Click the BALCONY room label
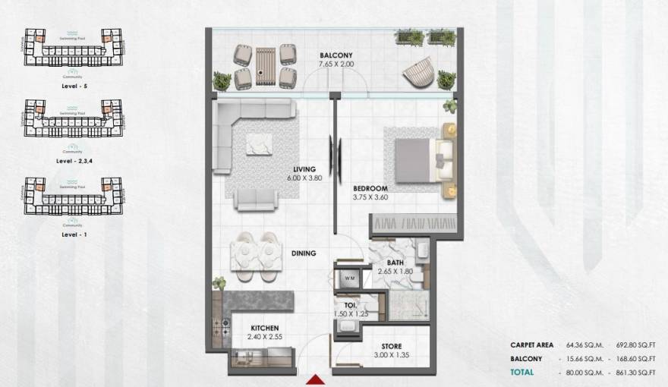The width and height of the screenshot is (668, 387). (334, 55)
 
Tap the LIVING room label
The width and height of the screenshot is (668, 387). (306, 169)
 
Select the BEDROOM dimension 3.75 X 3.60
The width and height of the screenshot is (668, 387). (370, 197)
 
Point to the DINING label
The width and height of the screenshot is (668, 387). (303, 253)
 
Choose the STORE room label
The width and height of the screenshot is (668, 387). (392, 346)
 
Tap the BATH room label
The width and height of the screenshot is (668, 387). (395, 263)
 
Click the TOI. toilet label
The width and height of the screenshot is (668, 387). (351, 305)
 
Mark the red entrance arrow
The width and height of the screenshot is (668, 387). (315, 379)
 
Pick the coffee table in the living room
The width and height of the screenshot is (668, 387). (259, 144)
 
